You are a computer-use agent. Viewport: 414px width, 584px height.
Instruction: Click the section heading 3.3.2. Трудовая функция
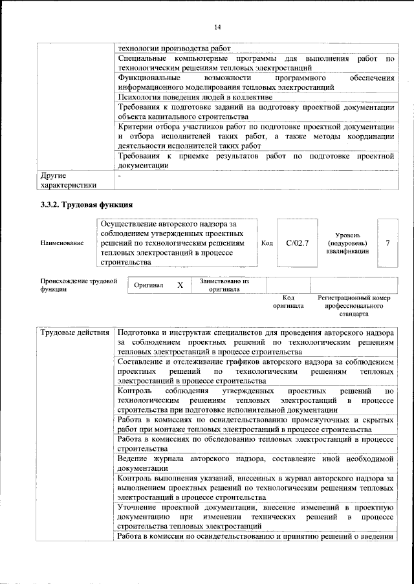[x=87, y=205]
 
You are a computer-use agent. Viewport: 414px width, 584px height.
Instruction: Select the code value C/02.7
[x=298, y=243]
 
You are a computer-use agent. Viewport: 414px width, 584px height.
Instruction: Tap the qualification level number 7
[x=387, y=243]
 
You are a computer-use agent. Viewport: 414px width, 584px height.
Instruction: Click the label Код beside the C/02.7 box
[x=267, y=243]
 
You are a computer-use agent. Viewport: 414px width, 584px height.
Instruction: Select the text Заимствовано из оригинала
[x=224, y=285]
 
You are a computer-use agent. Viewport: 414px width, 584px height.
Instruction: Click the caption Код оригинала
[x=289, y=301]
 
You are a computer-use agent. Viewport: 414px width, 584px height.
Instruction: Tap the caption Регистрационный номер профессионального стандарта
[x=354, y=305]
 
